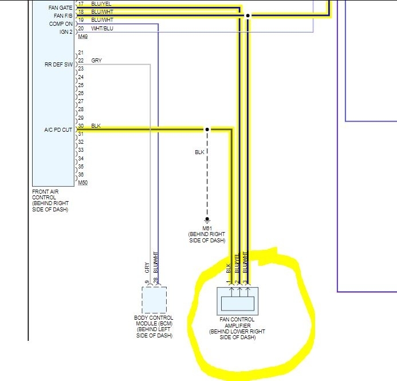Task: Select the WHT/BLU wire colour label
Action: coord(103,28)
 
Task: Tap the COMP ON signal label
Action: coord(61,24)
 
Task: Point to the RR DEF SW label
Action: coord(58,65)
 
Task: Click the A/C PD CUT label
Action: coord(58,130)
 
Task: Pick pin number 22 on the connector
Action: coord(81,61)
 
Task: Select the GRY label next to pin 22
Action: coord(96,61)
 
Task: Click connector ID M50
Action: coord(82,183)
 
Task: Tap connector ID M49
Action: coord(82,36)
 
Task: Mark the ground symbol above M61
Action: coord(207,220)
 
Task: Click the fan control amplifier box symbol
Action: coord(238,300)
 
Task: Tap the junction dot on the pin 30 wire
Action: coord(207,130)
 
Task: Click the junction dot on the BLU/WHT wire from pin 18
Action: coord(247,15)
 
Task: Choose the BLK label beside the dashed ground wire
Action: coord(199,152)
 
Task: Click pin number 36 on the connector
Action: coord(81,175)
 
